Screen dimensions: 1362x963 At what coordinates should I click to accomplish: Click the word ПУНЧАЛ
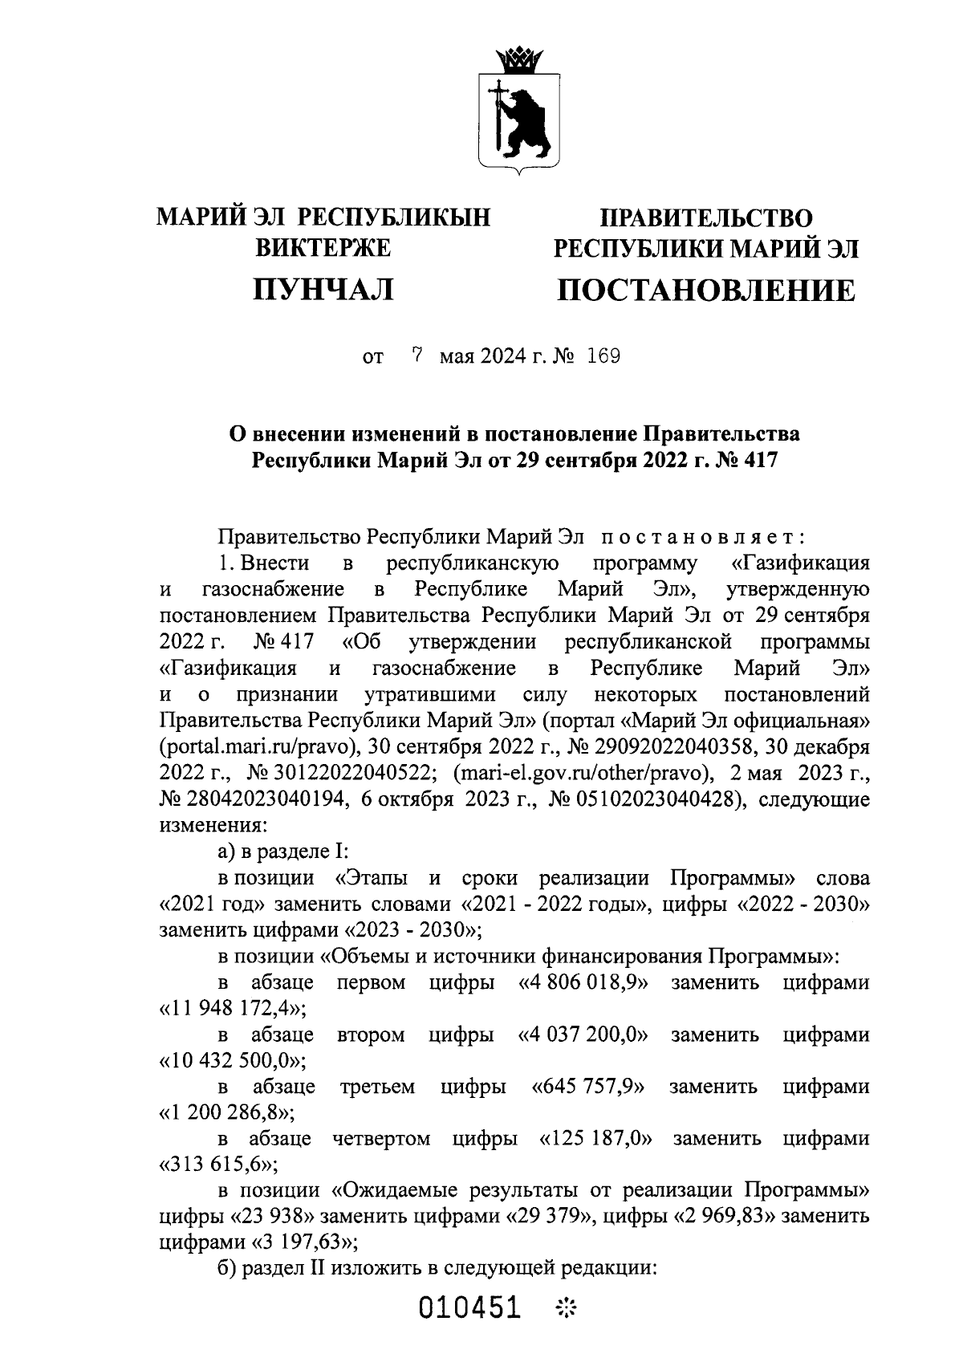click(x=323, y=290)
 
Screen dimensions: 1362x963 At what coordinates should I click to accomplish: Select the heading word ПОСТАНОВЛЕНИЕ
click(x=706, y=291)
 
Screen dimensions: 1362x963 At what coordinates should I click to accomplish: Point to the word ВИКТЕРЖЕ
click(x=323, y=248)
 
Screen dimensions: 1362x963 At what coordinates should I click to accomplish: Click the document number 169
click(x=603, y=356)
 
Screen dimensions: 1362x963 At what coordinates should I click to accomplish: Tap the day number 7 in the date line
click(x=416, y=356)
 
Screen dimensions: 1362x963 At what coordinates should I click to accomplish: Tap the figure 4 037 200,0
click(x=584, y=1035)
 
